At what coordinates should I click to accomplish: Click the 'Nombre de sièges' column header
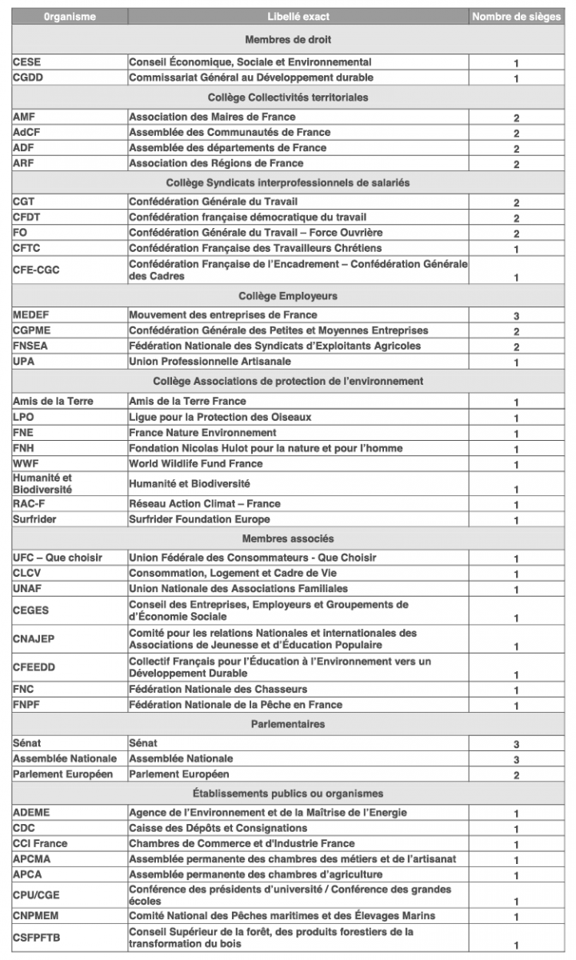tap(516, 17)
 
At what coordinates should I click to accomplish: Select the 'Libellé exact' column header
tap(298, 17)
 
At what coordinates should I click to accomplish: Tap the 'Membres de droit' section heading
tap(288, 40)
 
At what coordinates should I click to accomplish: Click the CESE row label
tap(26, 62)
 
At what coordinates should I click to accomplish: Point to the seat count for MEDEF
tap(516, 316)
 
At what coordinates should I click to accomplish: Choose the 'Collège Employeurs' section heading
tap(288, 296)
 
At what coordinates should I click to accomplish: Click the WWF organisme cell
tap(25, 464)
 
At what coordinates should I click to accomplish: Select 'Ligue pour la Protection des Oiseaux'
tap(220, 418)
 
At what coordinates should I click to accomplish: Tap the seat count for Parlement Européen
tap(516, 775)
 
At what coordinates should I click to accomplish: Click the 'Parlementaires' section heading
tap(288, 724)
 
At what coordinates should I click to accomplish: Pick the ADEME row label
tap(31, 813)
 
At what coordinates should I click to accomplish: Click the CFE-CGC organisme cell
tap(36, 270)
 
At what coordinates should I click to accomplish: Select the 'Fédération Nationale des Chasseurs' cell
tap(218, 690)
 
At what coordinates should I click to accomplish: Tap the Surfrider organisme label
tap(34, 520)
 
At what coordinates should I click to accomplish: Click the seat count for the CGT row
tap(516, 203)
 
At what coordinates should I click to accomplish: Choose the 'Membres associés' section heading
tap(288, 539)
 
